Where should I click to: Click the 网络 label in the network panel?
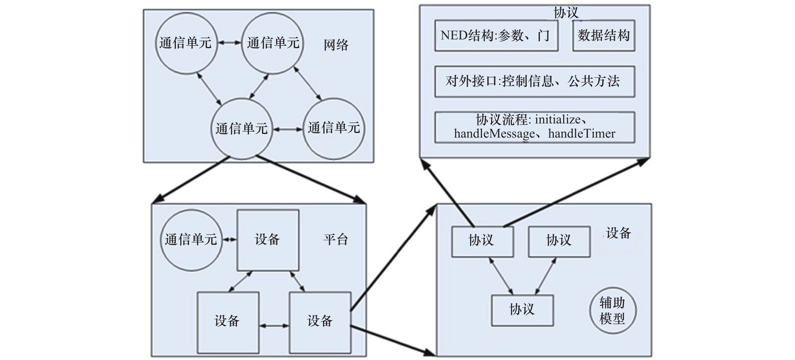336,45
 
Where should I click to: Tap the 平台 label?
335,240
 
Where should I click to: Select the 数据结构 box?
603,36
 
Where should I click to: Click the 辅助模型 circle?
612,310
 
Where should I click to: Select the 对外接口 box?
534,82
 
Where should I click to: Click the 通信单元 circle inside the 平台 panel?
191,240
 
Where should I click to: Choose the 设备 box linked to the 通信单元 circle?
268,240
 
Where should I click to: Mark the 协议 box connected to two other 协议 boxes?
522,310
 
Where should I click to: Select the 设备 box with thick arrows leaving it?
320,321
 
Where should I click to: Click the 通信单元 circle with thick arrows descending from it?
241,128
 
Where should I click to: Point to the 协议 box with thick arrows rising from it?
482,241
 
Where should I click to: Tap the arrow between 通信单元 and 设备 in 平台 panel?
229,240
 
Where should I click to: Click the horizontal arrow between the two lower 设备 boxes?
274,326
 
